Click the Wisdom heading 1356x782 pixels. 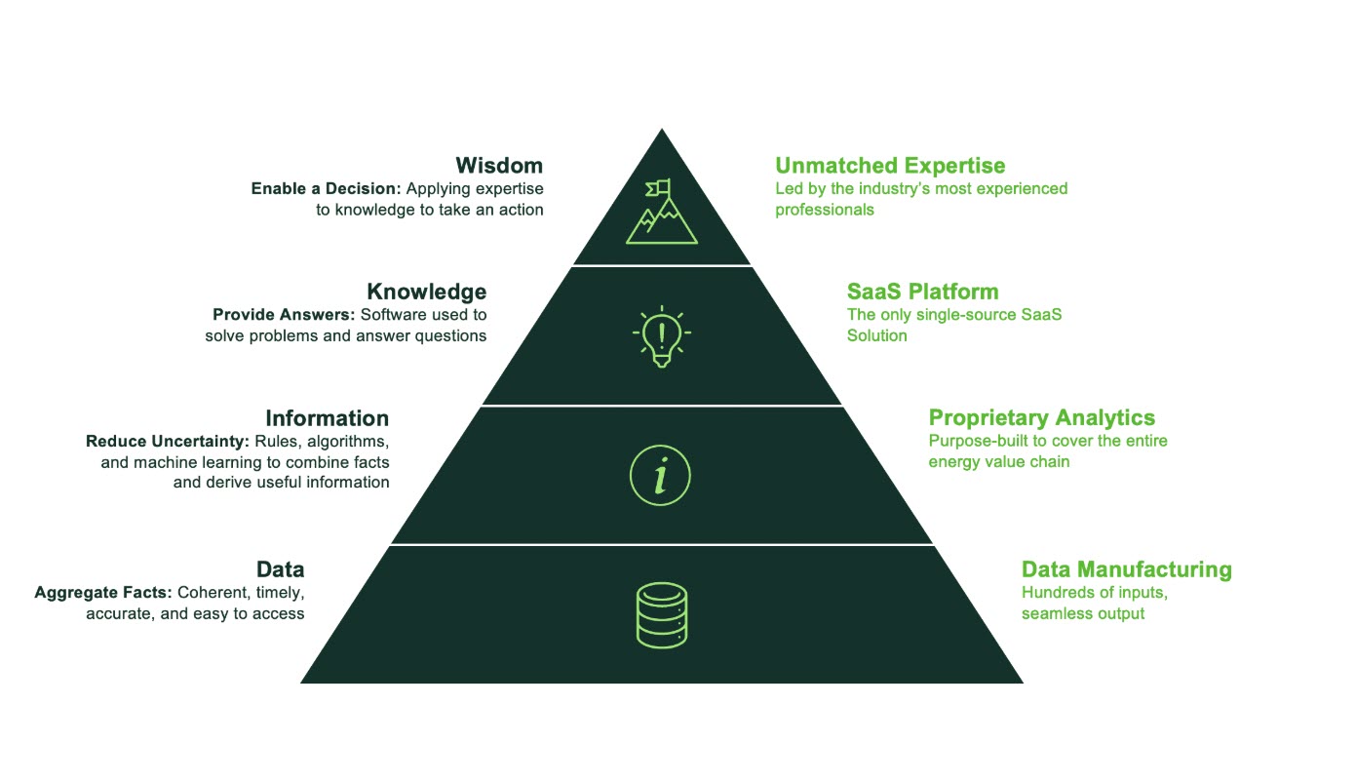pyautogui.click(x=499, y=165)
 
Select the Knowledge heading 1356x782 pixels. pyautogui.click(x=426, y=292)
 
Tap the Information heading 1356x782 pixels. pyautogui.click(x=327, y=418)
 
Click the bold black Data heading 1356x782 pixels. pyautogui.click(x=281, y=568)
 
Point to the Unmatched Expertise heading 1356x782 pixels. pyautogui.click(x=890, y=165)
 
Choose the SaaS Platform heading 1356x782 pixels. pyautogui.click(x=922, y=292)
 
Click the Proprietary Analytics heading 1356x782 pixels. pyautogui.click(x=1042, y=417)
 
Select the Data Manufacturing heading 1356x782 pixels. pyautogui.click(x=1127, y=569)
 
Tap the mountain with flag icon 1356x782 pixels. pyautogui.click(x=662, y=212)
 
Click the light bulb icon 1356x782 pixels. pyautogui.click(x=662, y=336)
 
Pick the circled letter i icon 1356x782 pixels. pyautogui.click(x=660, y=475)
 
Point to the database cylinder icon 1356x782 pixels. pyautogui.click(x=662, y=615)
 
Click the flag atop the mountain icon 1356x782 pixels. pyautogui.click(x=659, y=188)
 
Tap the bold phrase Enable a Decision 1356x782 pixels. pyautogui.click(x=326, y=189)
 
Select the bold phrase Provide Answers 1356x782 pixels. pyautogui.click(x=284, y=315)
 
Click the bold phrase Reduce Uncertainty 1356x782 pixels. pyautogui.click(x=167, y=442)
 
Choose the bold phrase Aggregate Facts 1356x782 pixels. pyautogui.click(x=103, y=593)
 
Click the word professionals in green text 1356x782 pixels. pyautogui.click(x=825, y=210)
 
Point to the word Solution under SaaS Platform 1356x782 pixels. pyautogui.click(x=876, y=336)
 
